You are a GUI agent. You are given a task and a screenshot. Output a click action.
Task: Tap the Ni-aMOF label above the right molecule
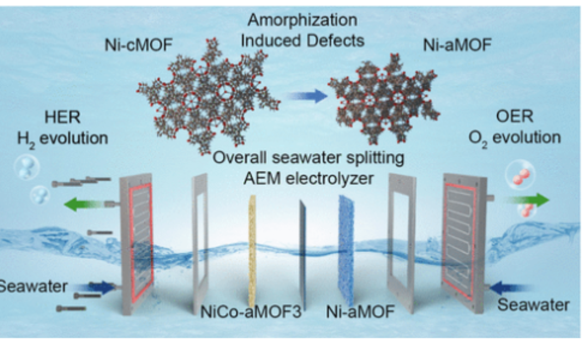coord(457,45)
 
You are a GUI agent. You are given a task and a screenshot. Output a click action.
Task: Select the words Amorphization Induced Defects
coord(302,30)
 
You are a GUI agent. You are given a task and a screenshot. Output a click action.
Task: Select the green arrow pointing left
coord(83,205)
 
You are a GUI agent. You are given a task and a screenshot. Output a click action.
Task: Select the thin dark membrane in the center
coord(302,249)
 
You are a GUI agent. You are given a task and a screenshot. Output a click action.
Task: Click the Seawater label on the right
coord(533,305)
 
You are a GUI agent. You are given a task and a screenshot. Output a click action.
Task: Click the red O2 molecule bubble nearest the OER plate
coord(520,178)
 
